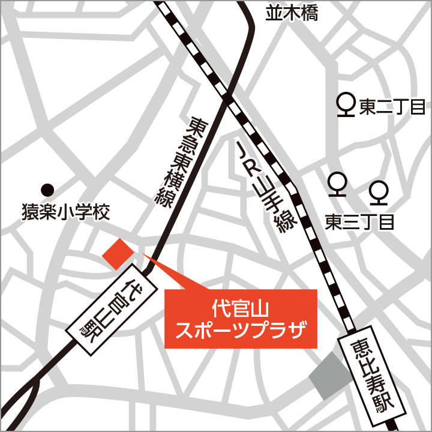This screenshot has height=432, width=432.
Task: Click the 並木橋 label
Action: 292,14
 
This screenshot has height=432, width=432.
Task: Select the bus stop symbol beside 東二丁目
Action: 346,106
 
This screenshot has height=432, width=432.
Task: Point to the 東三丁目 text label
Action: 359,223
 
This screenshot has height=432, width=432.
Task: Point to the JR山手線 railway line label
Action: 265,187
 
